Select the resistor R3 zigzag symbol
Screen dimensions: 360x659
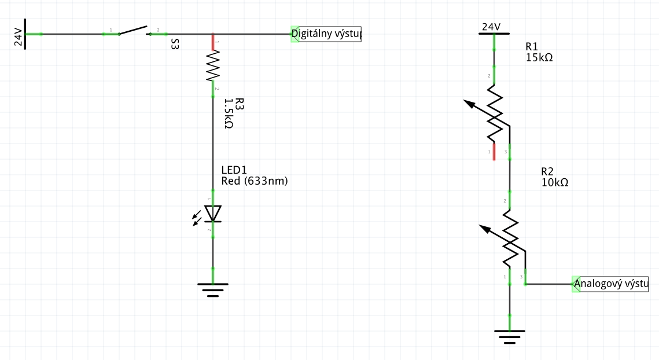[213, 66]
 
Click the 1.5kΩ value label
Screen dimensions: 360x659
[229, 113]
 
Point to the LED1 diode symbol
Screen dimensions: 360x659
[212, 214]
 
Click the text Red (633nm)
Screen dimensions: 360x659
[255, 181]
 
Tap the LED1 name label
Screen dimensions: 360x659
[234, 170]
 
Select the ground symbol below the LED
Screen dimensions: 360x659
[213, 288]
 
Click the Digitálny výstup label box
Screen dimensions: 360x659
[326, 34]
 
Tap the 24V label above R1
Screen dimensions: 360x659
[491, 27]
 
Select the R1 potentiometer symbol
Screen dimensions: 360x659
[494, 113]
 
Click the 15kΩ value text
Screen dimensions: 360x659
[540, 57]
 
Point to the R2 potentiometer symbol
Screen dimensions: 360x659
[510, 237]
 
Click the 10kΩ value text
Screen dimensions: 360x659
[555, 182]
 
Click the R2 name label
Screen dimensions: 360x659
[547, 171]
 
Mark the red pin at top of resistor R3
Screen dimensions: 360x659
[213, 42]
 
